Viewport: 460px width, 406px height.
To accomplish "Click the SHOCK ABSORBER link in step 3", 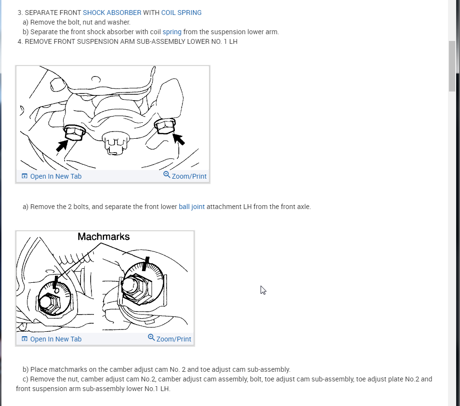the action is click(112, 13).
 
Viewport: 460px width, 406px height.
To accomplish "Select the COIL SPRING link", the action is click(181, 13).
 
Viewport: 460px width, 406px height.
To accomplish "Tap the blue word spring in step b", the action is click(172, 32).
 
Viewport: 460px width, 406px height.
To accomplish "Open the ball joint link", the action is click(192, 207).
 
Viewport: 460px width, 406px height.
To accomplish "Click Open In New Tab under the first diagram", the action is click(52, 176).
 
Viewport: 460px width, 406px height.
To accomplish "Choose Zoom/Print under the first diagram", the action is click(185, 176).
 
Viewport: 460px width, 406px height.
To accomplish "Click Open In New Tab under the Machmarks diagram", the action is click(52, 339).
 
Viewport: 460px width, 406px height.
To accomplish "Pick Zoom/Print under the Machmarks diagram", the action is click(170, 339).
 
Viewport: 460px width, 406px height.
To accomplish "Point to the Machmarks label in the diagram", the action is click(104, 237).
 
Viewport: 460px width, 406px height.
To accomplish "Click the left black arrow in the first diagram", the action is click(62, 145).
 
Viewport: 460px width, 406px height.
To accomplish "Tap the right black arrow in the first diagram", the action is click(179, 139).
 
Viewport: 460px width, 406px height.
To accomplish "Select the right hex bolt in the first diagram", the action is click(165, 126).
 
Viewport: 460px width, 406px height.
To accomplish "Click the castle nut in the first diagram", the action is click(116, 143).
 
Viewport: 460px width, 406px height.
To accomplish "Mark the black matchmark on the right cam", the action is click(145, 264).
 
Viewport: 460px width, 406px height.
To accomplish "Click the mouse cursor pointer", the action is click(263, 290).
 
